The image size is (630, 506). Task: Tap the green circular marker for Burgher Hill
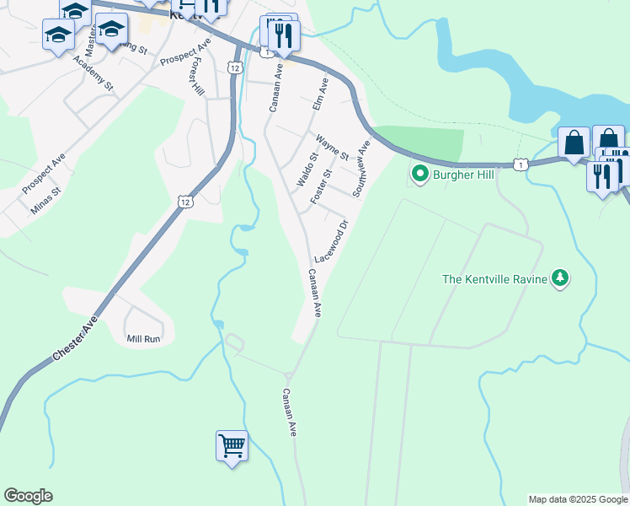(419, 175)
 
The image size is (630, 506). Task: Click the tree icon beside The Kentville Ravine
(559, 278)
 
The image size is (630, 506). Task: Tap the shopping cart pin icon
(232, 444)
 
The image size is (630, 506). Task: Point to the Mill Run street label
(143, 339)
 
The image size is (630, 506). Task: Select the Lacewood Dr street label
(331, 241)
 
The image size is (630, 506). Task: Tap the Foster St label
(321, 186)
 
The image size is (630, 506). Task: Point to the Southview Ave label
(362, 169)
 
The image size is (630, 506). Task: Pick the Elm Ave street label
(319, 94)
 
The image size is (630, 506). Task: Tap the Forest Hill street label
(197, 77)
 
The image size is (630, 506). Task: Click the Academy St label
(93, 73)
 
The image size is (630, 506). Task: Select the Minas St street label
(46, 202)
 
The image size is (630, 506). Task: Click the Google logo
(28, 496)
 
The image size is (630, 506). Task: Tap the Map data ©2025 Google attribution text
(577, 499)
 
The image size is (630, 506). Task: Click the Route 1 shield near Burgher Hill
(522, 164)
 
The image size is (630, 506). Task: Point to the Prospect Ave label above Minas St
(44, 173)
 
